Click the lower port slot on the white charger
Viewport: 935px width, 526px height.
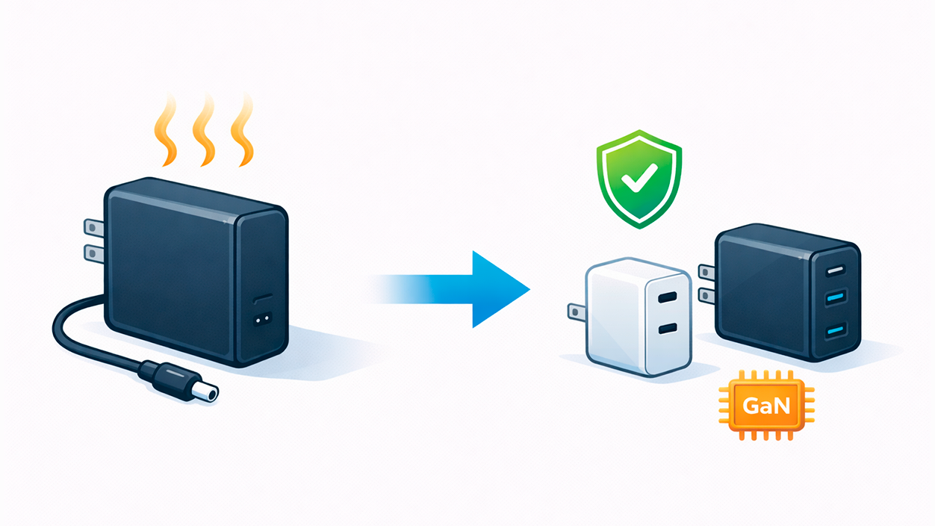(668, 328)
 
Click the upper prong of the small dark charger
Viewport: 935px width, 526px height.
(706, 270)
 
